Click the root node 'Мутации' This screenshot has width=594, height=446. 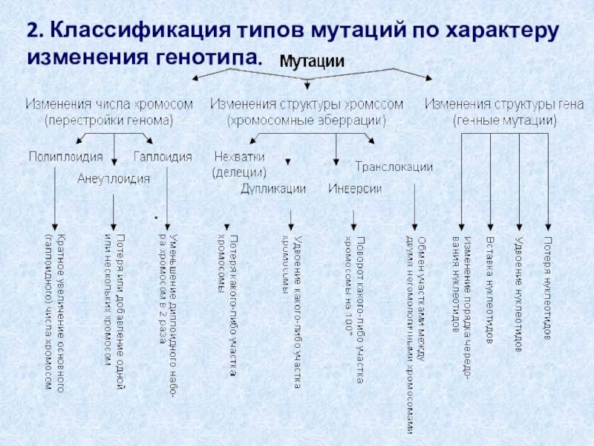(311, 62)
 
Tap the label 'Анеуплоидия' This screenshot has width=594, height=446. (114, 178)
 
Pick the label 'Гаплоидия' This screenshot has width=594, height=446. (163, 157)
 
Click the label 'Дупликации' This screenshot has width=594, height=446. (272, 189)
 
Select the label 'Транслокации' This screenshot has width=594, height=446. (394, 167)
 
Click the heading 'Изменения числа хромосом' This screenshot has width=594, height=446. (110, 103)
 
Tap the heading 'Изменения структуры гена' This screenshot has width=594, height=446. (503, 103)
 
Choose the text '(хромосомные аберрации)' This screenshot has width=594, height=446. (307, 119)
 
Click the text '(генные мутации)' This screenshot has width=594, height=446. (504, 119)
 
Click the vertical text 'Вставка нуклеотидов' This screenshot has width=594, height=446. (490, 290)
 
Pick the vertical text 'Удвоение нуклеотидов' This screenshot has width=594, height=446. (518, 294)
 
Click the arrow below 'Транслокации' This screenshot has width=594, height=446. (414, 201)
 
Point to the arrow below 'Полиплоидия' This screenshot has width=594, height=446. (56, 197)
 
